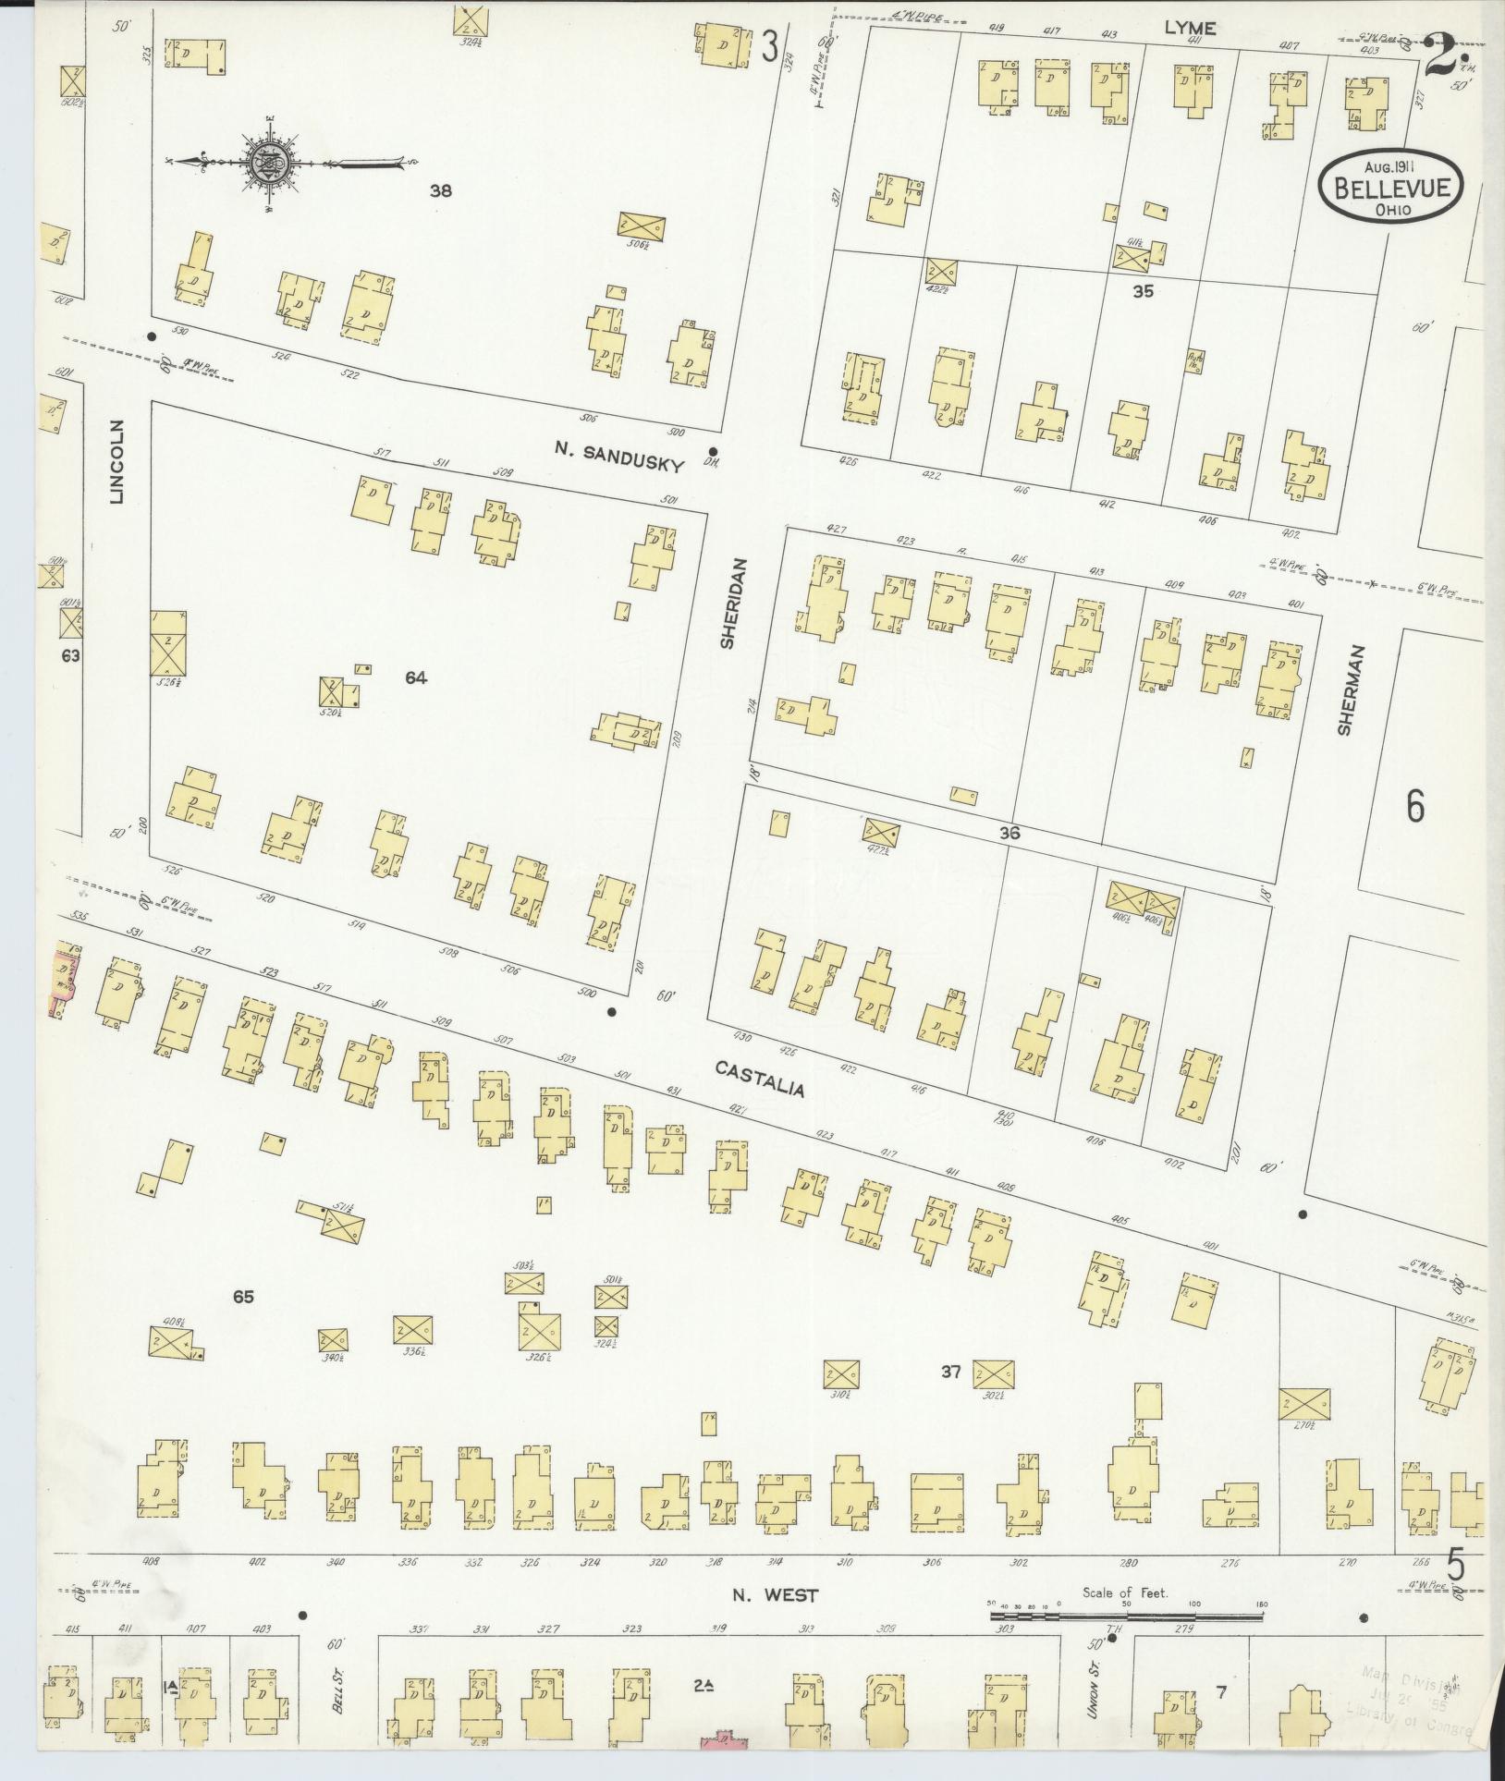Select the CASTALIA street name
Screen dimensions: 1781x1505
[x=760, y=1079]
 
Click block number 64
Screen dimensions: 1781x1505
[x=416, y=678]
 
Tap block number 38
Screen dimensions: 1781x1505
[x=441, y=191]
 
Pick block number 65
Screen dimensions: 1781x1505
[x=243, y=1297]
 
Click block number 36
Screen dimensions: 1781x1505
[x=1009, y=833]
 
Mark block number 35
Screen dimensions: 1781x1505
[x=1144, y=291]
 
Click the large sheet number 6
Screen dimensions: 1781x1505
[x=1414, y=806]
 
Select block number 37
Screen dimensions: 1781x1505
[x=951, y=1398]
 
